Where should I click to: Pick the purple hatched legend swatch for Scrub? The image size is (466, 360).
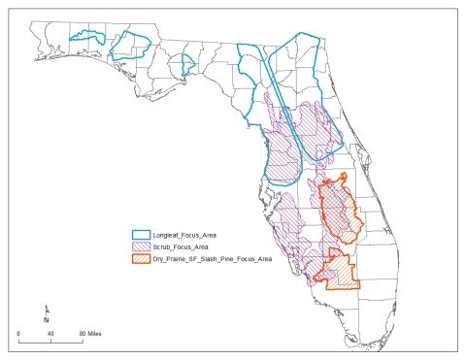coord(142,246)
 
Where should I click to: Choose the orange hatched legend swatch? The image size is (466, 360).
coord(142,259)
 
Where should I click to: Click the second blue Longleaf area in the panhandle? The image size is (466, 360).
coord(129,44)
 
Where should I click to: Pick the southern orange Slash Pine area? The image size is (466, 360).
coord(341,272)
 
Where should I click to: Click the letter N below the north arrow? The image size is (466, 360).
coord(49,320)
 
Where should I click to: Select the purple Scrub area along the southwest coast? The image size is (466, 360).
coord(291,233)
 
